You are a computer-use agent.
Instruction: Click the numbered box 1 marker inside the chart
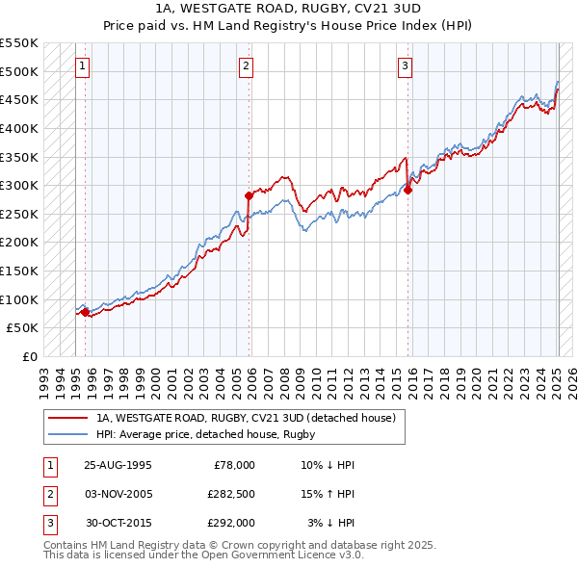point(83,66)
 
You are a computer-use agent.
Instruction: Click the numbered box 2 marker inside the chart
point(247,66)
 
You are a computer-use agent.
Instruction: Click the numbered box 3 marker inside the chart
point(405,66)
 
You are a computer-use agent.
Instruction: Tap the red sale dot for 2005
point(249,195)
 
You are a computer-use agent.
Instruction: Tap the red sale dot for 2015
point(407,190)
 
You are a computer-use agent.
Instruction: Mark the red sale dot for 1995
point(85,311)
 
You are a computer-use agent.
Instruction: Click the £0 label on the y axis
point(29,356)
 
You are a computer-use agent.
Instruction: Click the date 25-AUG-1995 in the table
point(118,465)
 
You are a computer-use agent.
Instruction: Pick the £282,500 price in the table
point(231,494)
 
